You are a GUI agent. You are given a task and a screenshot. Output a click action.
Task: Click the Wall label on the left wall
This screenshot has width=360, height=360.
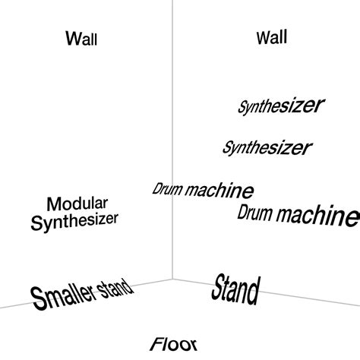[x=81, y=38]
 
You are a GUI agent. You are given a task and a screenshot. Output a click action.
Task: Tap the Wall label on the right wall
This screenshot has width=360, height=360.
[x=272, y=36]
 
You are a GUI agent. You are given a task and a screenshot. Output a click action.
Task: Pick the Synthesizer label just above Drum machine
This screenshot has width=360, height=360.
[x=267, y=147]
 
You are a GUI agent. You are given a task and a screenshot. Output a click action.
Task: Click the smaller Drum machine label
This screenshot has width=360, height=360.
[x=203, y=190]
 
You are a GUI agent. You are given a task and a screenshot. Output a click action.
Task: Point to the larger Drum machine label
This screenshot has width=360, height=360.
[x=297, y=215]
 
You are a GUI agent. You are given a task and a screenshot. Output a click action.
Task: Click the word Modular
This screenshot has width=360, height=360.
[x=77, y=204]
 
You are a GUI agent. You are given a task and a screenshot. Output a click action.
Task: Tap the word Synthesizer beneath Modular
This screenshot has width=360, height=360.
[x=74, y=222]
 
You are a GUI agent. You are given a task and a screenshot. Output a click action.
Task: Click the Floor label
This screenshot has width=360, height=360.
[x=174, y=344]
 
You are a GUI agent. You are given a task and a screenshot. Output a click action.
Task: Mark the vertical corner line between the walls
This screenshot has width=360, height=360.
[x=174, y=114]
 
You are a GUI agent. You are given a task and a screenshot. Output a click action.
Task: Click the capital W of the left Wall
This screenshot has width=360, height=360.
[x=73, y=37]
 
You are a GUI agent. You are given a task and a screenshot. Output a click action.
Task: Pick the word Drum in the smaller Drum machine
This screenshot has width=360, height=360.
[x=168, y=188]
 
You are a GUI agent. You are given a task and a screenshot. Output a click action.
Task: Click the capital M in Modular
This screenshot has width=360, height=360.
[x=53, y=204]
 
